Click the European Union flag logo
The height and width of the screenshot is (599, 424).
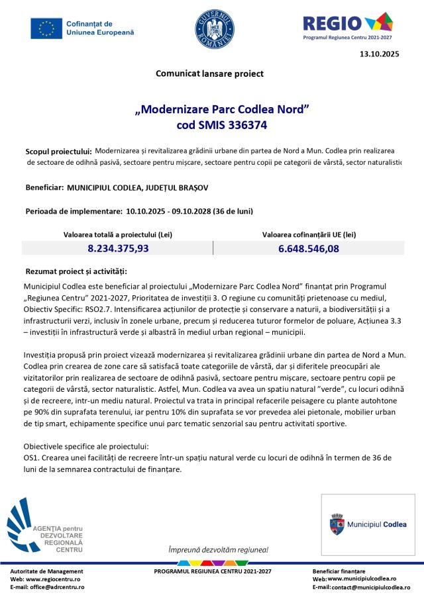tap(46, 28)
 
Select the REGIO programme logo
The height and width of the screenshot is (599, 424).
tap(347, 25)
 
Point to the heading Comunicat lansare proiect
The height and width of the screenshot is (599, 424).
tap(209, 73)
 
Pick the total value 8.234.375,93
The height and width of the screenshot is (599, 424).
tap(118, 249)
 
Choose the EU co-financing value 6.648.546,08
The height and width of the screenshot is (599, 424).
tap(309, 249)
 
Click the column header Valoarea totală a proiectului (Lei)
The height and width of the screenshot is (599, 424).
tap(118, 234)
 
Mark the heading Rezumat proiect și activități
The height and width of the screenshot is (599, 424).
tap(76, 271)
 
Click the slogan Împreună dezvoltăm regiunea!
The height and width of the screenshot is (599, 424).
tap(218, 549)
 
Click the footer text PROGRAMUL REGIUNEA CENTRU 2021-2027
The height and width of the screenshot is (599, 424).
tap(213, 571)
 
